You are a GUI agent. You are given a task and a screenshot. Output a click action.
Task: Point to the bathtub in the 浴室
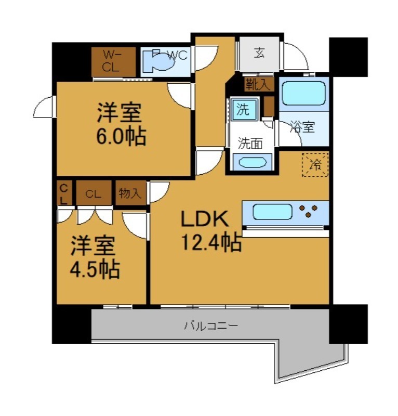click(303, 93)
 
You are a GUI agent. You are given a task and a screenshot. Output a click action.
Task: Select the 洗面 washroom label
click(250, 143)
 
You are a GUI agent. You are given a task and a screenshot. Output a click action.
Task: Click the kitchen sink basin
click(272, 212)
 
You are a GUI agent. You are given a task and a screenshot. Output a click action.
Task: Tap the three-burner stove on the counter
click(308, 211)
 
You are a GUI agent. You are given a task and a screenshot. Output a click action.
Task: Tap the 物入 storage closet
click(130, 194)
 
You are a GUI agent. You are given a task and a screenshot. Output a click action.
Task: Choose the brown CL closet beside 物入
click(94, 194)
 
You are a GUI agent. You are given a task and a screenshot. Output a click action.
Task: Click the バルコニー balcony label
click(210, 327)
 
